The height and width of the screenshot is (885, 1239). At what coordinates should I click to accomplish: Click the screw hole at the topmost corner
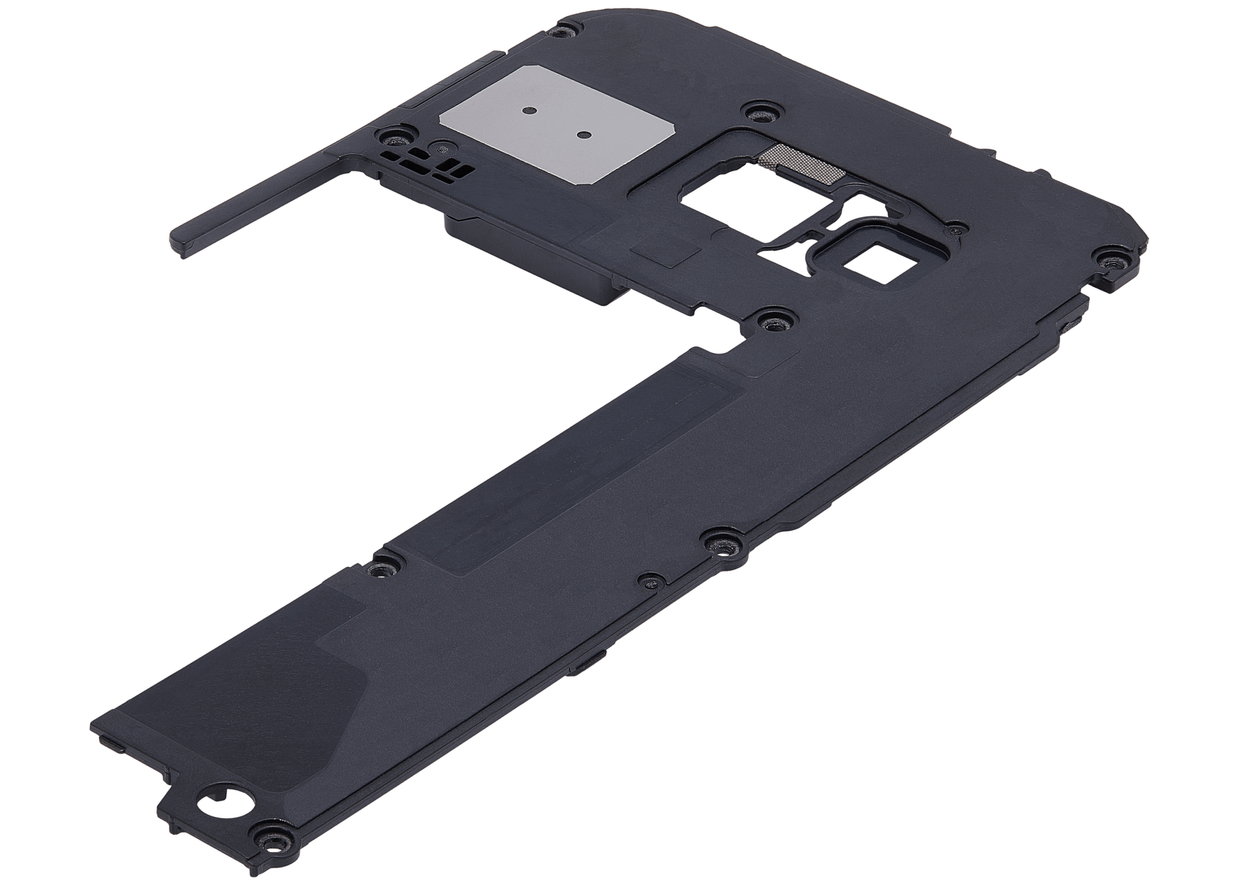pyautogui.click(x=566, y=30)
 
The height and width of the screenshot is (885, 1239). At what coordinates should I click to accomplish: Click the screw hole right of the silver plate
pyautogui.click(x=758, y=111)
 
